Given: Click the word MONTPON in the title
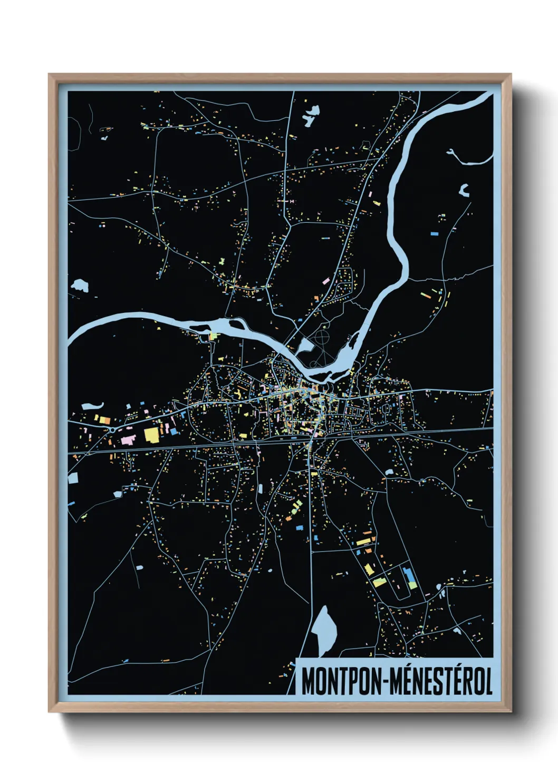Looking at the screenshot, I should [343, 682].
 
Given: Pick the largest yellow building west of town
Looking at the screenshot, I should [151, 435].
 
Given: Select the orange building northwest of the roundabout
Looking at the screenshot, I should [104, 421].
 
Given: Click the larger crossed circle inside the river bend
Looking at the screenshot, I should [322, 336].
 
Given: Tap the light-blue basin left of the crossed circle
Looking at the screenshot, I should [305, 346].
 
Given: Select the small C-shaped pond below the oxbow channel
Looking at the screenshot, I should [464, 190].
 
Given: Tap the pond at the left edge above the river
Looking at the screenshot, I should [80, 285].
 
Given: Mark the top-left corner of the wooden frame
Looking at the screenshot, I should [50, 75].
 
